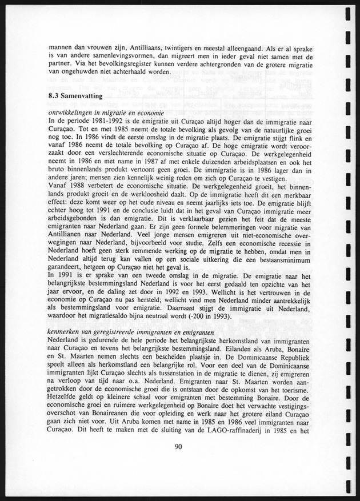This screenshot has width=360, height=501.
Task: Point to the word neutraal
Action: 174,315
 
